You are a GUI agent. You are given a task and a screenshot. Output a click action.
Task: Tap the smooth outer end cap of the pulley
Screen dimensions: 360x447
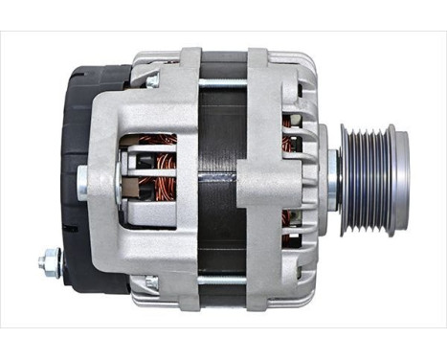point(400,179)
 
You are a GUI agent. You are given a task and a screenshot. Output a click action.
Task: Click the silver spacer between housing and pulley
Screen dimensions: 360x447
point(331,179)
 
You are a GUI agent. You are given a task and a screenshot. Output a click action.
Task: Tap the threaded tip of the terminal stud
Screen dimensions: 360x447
point(40,260)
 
